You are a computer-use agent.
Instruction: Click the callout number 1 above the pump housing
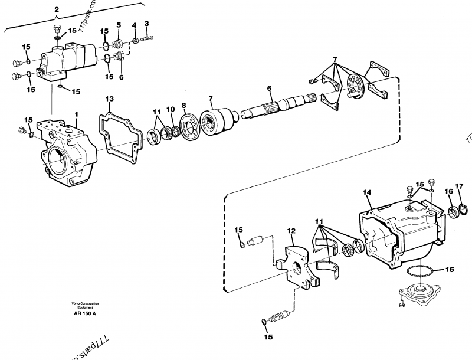(x=76, y=113)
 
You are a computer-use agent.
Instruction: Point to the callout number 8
(x=183, y=106)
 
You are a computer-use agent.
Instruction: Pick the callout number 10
(x=171, y=109)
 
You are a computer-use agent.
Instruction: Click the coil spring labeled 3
(x=152, y=37)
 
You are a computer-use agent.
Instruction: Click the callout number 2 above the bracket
(x=57, y=10)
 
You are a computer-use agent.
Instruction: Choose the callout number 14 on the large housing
(x=366, y=192)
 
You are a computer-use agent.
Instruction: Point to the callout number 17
(x=460, y=186)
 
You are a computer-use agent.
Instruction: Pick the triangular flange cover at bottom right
(x=420, y=293)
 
